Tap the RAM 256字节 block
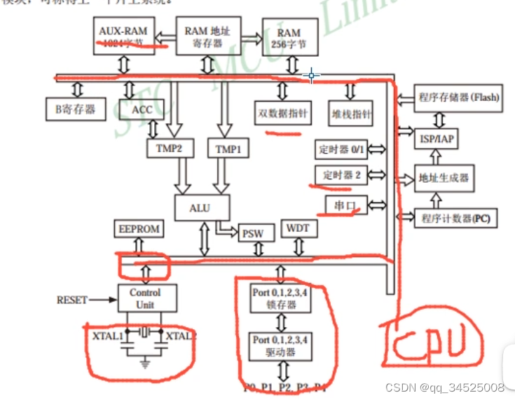(289, 39)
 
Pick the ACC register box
(137, 109)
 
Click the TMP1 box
(228, 149)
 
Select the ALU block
(202, 208)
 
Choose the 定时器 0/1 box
(341, 149)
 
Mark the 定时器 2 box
(341, 175)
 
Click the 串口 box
(341, 205)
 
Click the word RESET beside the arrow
(71, 300)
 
